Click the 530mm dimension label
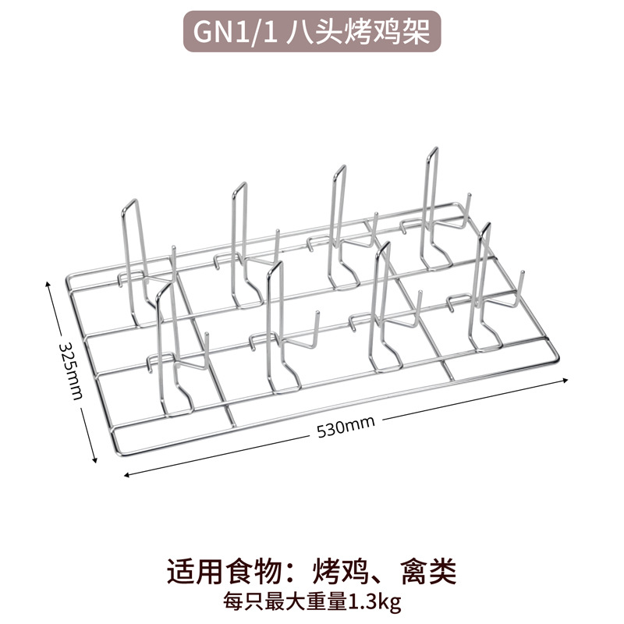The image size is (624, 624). tap(346, 424)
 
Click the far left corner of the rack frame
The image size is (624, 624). tap(66, 278)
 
